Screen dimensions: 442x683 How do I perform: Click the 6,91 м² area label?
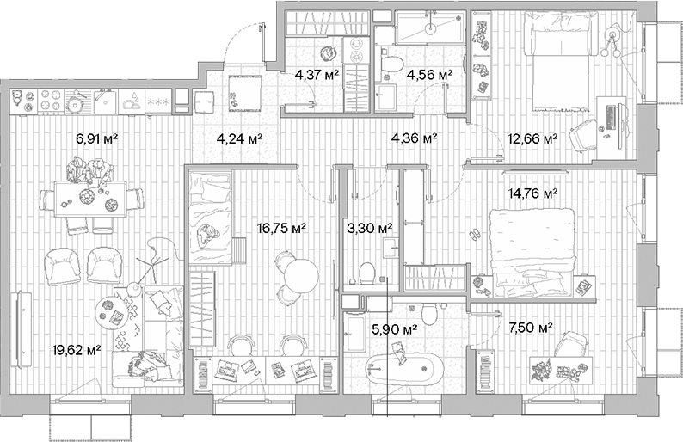tap(96, 137)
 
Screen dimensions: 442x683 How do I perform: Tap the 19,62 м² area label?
tap(77, 349)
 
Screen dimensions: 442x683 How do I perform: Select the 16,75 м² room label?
tap(281, 228)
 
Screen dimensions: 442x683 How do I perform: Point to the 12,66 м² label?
tap(533, 137)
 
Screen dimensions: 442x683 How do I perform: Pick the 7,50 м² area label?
tap(530, 326)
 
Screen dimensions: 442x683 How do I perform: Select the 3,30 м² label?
tap(369, 228)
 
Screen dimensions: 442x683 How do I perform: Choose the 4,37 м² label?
tap(317, 76)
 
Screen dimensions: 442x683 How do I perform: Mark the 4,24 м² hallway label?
tap(239, 137)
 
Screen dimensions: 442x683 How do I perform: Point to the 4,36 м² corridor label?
tap(414, 137)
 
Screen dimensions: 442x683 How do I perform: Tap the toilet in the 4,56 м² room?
tap(392, 62)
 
